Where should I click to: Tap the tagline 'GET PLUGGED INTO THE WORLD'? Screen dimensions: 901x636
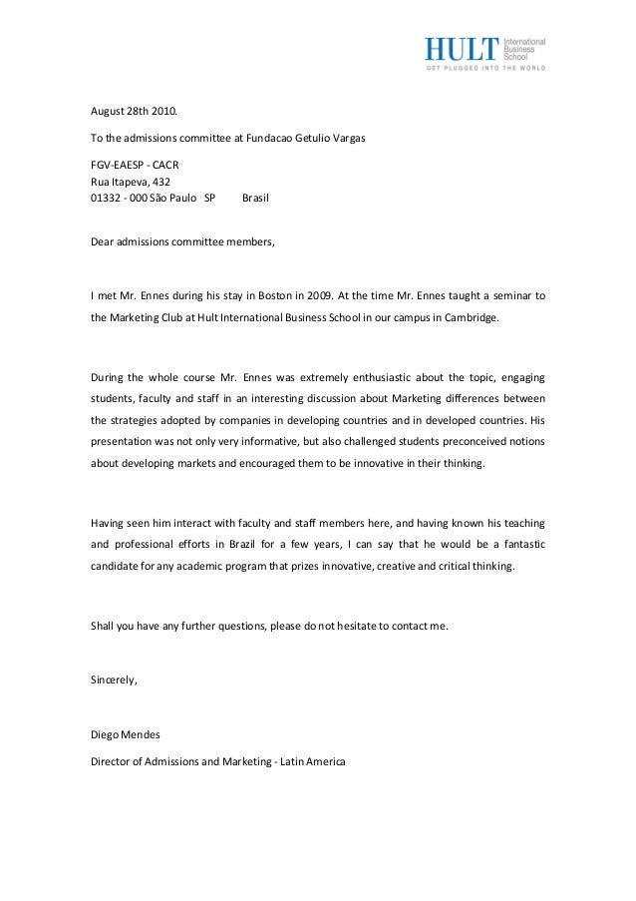coord(486,69)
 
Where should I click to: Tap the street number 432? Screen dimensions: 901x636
coord(159,181)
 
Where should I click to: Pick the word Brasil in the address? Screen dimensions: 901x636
coord(256,198)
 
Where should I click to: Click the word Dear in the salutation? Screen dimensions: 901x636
coord(103,241)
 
